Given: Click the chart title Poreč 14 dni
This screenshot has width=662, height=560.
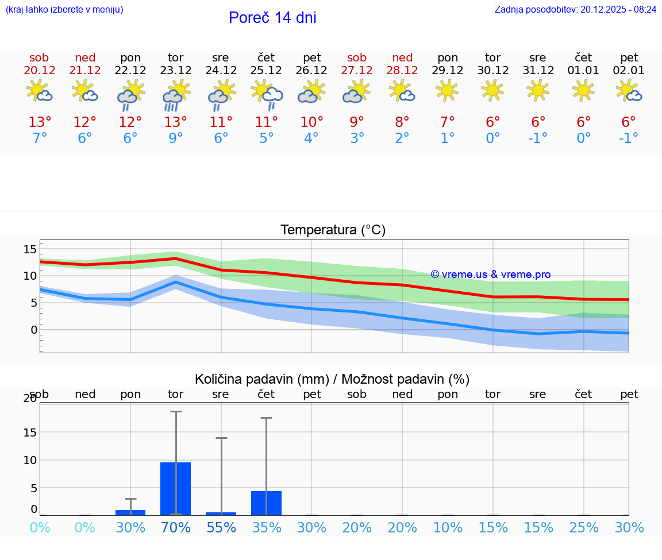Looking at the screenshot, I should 272,18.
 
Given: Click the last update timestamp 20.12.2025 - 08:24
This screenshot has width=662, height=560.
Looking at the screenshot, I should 618,10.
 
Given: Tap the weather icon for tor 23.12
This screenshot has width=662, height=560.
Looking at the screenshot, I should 176,94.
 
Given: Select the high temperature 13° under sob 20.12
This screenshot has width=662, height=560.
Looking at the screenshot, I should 40,122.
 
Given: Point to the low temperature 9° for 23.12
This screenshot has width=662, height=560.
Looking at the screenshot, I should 176,138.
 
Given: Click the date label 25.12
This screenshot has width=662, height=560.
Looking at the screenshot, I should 266,71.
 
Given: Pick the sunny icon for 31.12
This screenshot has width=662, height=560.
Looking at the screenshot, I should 538,90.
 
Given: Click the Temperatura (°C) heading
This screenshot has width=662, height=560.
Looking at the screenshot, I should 333,230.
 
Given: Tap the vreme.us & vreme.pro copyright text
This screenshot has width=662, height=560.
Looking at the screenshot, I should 490,275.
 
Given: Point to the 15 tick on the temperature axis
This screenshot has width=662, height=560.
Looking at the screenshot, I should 30,249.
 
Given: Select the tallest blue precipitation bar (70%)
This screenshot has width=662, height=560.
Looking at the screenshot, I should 176,488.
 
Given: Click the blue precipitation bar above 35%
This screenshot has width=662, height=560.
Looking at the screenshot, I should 266,503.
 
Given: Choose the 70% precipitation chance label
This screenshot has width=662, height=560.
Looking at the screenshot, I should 176,527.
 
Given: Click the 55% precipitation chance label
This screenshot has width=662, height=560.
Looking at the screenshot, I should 221,527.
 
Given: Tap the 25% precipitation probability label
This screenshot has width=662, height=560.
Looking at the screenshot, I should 584,527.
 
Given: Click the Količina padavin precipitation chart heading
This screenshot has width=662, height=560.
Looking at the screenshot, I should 332,379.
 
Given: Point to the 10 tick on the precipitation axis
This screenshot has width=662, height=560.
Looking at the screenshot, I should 30,460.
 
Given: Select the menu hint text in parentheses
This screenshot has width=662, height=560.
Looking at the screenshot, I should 64,10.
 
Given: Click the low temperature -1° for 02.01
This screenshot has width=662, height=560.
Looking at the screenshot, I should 629,138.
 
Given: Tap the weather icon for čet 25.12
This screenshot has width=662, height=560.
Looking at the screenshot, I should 267,94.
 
